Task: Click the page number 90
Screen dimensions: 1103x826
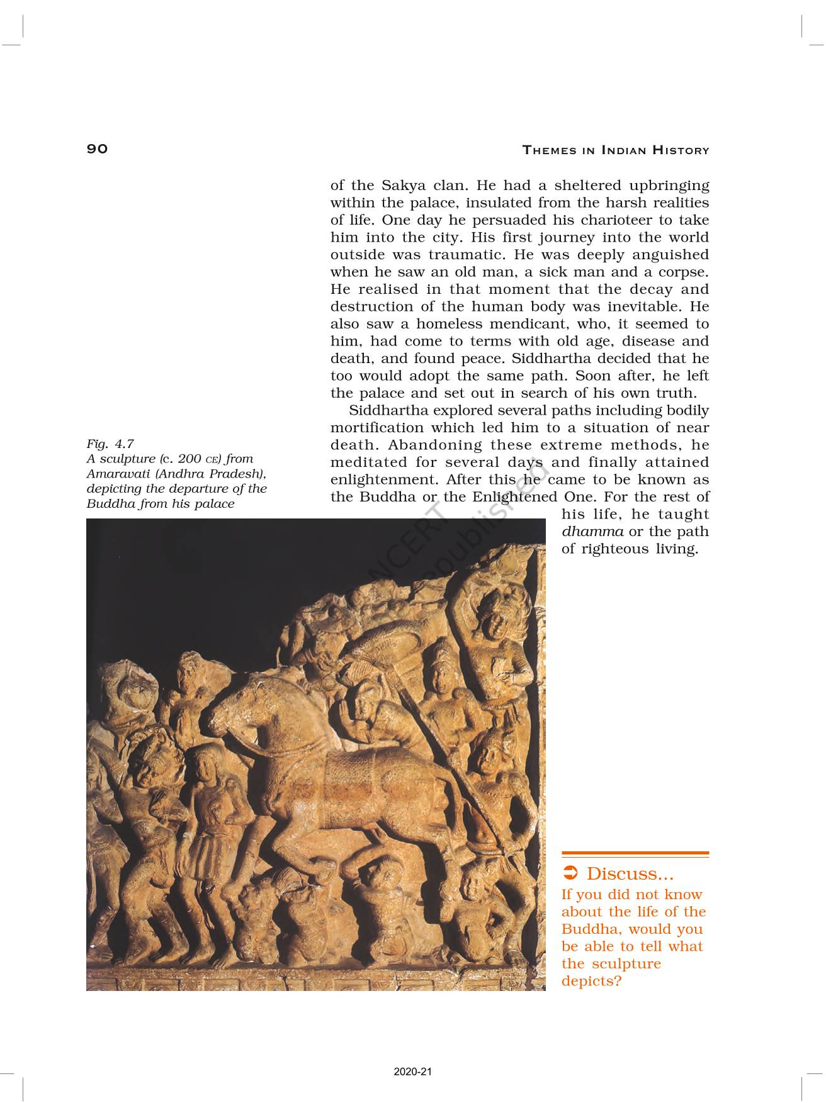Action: [x=98, y=148]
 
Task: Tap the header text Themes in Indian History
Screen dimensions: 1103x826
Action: [x=616, y=150]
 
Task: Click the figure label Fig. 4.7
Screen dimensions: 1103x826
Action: [x=110, y=444]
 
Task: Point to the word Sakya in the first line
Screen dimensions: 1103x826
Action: [x=402, y=186]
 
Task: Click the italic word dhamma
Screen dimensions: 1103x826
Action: [x=592, y=532]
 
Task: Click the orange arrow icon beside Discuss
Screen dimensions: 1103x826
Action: [x=570, y=873]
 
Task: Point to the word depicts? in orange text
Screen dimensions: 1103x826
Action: [x=591, y=981]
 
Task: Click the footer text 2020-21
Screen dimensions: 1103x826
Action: [x=413, y=1072]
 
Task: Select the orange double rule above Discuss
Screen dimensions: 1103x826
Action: [x=635, y=854]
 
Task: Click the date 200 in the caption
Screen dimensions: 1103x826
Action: [x=190, y=459]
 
